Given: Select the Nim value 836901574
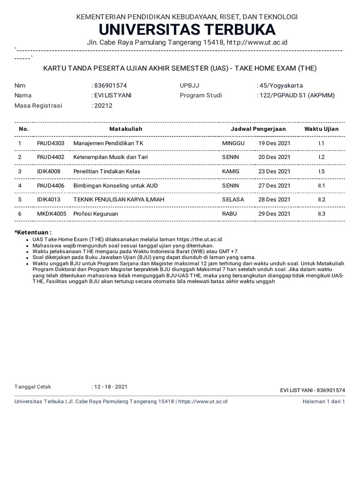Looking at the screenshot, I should pos(110,85).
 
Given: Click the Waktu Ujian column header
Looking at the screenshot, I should pos(321,129).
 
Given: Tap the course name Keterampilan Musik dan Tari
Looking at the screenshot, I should pos(110,157).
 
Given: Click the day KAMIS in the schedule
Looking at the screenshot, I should pos(231,171).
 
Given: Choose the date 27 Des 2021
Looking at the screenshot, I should pos(274,186).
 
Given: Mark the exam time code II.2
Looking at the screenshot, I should pos(322,200).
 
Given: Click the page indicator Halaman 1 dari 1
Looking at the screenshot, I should pos(324,402).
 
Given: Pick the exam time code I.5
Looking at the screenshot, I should pos(322,171).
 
